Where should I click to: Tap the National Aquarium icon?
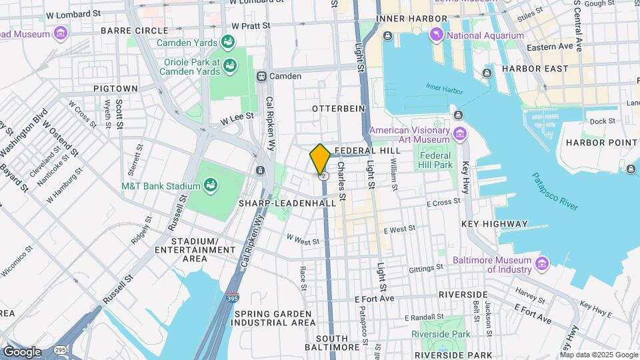click(x=437, y=35)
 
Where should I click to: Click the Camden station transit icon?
click(x=262, y=76)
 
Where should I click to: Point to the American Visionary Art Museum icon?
click(x=459, y=135)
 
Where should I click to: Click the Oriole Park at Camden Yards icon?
click(x=230, y=65)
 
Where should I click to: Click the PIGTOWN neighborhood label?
click(x=115, y=88)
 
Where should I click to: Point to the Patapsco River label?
click(x=554, y=191)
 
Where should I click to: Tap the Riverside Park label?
click(x=441, y=334)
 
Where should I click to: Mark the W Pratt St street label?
click(x=251, y=25)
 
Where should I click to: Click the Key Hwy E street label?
click(x=595, y=308)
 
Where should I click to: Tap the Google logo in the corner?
click(x=22, y=351)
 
